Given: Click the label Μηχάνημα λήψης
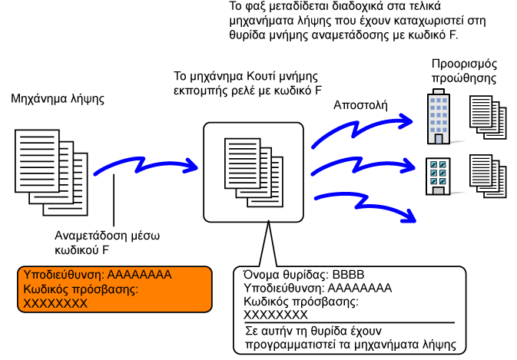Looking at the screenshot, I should coord(58,100).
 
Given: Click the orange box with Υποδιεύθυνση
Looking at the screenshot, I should coord(114,289).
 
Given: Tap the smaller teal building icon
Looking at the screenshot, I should coord(437,176).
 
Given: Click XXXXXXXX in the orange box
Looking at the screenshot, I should coord(55,303).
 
